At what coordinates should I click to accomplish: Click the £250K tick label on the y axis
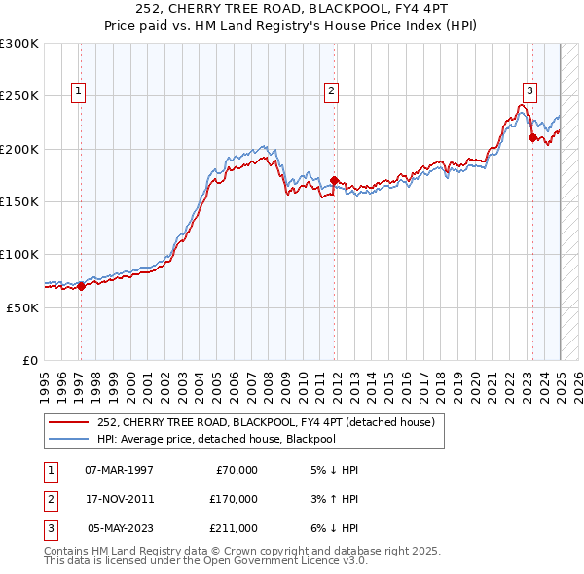coord(18,96)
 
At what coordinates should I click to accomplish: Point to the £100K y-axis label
coord(18,254)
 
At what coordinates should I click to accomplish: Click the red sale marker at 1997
coord(82,286)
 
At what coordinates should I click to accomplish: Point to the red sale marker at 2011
coord(334,180)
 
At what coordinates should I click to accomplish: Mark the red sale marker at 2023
coord(532,137)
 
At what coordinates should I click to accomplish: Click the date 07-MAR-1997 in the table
coord(120,470)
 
